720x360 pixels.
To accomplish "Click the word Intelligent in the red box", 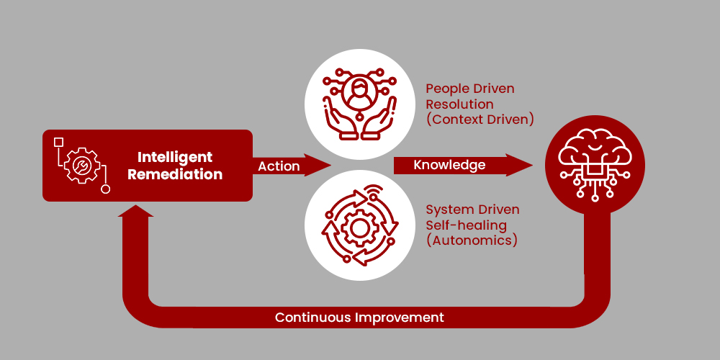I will click(x=175, y=157).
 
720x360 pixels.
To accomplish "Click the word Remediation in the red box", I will click(x=180, y=174).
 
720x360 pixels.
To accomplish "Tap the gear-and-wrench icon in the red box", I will click(x=81, y=166).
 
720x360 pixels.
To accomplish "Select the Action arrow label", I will click(x=279, y=166).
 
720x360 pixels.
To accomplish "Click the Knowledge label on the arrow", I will click(x=449, y=165).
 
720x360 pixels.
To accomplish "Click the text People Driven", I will click(x=470, y=89).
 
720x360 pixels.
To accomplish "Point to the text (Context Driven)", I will click(x=480, y=120).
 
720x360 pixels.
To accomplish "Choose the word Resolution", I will click(x=459, y=104).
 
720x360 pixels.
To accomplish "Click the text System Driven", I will click(x=472, y=210).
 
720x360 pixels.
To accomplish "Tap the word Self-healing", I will click(x=465, y=225).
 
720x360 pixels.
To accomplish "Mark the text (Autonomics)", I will click(x=472, y=240).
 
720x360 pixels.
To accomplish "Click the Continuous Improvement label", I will click(x=359, y=317).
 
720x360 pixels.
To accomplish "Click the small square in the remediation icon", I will click(x=59, y=142).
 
